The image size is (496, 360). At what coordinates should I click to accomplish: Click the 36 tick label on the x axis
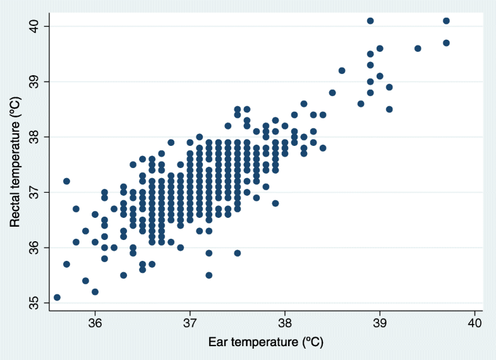click(95, 323)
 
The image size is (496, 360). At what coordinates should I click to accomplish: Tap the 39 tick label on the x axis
click(380, 323)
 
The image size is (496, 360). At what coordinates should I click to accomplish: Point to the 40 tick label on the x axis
click(475, 323)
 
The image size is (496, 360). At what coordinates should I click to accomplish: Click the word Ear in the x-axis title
click(219, 342)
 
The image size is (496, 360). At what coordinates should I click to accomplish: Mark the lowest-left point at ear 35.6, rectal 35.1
click(57, 297)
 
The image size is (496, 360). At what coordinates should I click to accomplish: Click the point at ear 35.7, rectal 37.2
click(66, 181)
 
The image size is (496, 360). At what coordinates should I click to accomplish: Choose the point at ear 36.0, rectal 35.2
click(95, 292)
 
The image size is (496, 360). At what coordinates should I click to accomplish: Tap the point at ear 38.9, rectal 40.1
click(370, 21)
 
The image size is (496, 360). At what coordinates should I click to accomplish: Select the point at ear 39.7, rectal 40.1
click(446, 21)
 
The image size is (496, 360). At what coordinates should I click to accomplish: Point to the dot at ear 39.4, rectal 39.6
click(418, 49)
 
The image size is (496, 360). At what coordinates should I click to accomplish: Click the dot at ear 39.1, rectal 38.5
click(389, 109)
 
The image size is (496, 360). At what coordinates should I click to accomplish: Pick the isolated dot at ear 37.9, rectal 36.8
click(275, 203)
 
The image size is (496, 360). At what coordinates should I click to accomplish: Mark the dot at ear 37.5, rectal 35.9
click(238, 253)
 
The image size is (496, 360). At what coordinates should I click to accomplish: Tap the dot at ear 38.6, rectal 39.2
click(342, 71)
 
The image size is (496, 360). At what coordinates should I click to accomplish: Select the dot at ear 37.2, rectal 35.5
click(209, 275)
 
